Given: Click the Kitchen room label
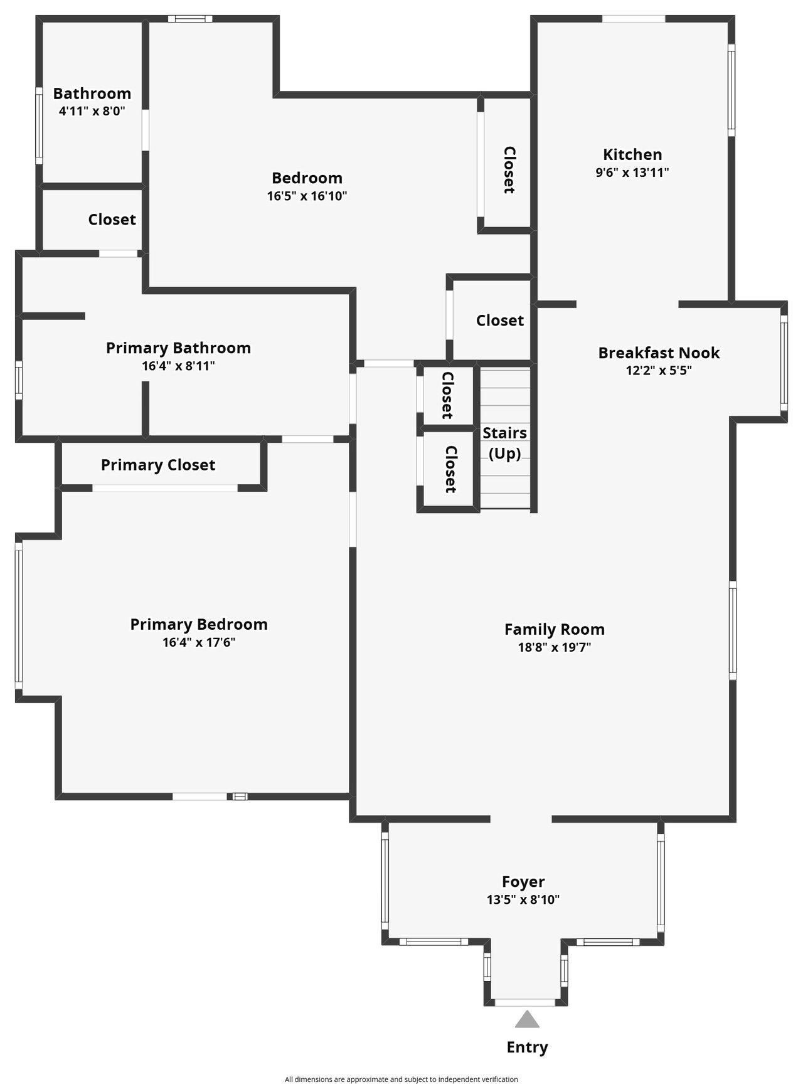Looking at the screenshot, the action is pyautogui.click(x=632, y=154).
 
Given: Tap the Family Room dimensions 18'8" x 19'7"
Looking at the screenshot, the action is pyautogui.click(x=555, y=647).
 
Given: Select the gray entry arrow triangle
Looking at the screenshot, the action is pyautogui.click(x=527, y=1019).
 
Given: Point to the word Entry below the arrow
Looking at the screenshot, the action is pyautogui.click(x=527, y=1047).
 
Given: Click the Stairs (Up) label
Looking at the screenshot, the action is pyautogui.click(x=505, y=443).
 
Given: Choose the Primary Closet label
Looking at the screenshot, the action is pyautogui.click(x=158, y=465).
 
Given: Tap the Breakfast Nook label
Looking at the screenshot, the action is pyautogui.click(x=659, y=353).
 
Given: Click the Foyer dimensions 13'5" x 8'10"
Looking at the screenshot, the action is pyautogui.click(x=523, y=899).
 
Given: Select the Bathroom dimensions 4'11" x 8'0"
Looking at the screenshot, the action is pyautogui.click(x=92, y=112).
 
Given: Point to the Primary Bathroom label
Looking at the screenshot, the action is pyautogui.click(x=178, y=348).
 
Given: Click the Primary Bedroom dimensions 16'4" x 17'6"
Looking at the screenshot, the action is pyautogui.click(x=199, y=642).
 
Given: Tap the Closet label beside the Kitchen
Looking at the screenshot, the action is pyautogui.click(x=509, y=170).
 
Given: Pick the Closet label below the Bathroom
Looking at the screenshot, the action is pyautogui.click(x=112, y=220).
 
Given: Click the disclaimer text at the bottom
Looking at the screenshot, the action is pyautogui.click(x=401, y=1079).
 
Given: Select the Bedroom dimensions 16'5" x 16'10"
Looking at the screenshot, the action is pyautogui.click(x=307, y=196).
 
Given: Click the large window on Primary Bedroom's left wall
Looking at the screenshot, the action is pyautogui.click(x=19, y=616).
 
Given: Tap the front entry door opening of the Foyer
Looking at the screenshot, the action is pyautogui.click(x=525, y=1002).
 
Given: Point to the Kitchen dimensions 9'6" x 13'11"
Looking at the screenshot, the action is pyautogui.click(x=632, y=172).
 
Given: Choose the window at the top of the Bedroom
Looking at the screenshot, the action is pyautogui.click(x=190, y=19).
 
